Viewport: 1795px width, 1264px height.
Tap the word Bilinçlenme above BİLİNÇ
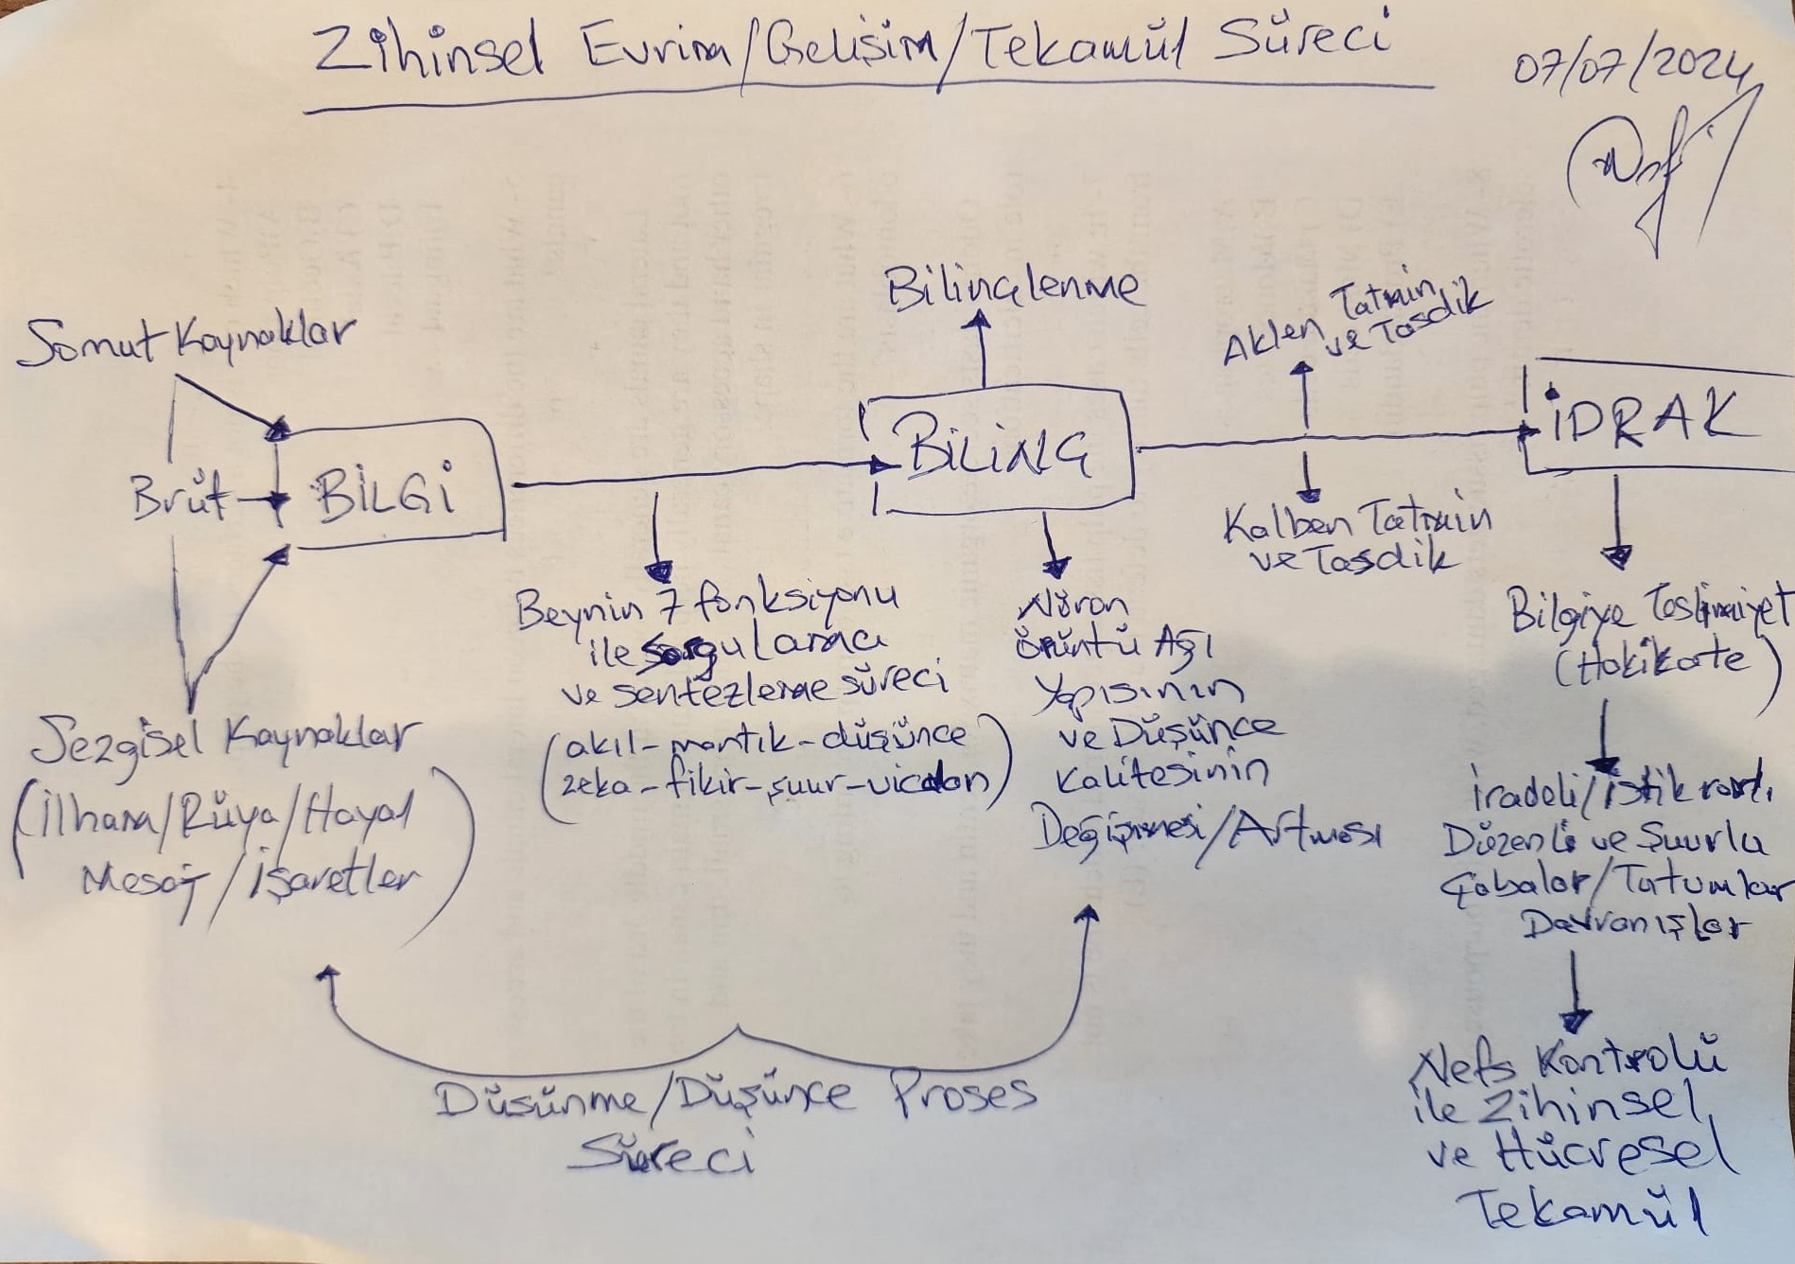[x=1012, y=287]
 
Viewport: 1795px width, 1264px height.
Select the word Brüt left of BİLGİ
[x=178, y=496]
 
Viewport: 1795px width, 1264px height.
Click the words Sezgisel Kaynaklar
[x=222, y=738]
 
